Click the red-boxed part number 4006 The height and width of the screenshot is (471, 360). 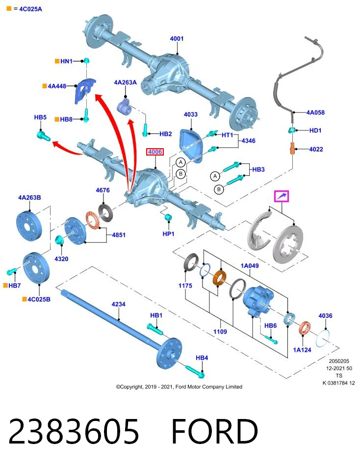click(155, 152)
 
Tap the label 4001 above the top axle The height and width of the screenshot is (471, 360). click(177, 38)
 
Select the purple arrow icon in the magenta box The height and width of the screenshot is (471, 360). click(282, 196)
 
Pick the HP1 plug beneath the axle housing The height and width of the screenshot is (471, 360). click(168, 217)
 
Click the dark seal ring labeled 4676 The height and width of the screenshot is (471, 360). click(106, 212)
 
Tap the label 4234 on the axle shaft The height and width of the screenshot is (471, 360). click(118, 304)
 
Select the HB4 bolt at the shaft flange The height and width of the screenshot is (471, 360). click(195, 371)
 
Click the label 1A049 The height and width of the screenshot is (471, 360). click(250, 265)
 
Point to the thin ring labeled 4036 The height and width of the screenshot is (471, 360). click(323, 338)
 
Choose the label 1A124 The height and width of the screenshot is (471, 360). click(302, 350)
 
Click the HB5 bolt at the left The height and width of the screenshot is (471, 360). click(44, 135)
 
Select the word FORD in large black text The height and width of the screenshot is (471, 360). click(215, 431)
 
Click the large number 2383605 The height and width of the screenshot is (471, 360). click(74, 431)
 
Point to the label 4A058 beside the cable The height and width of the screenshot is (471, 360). click(315, 112)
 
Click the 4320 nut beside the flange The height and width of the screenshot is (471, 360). click(59, 240)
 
